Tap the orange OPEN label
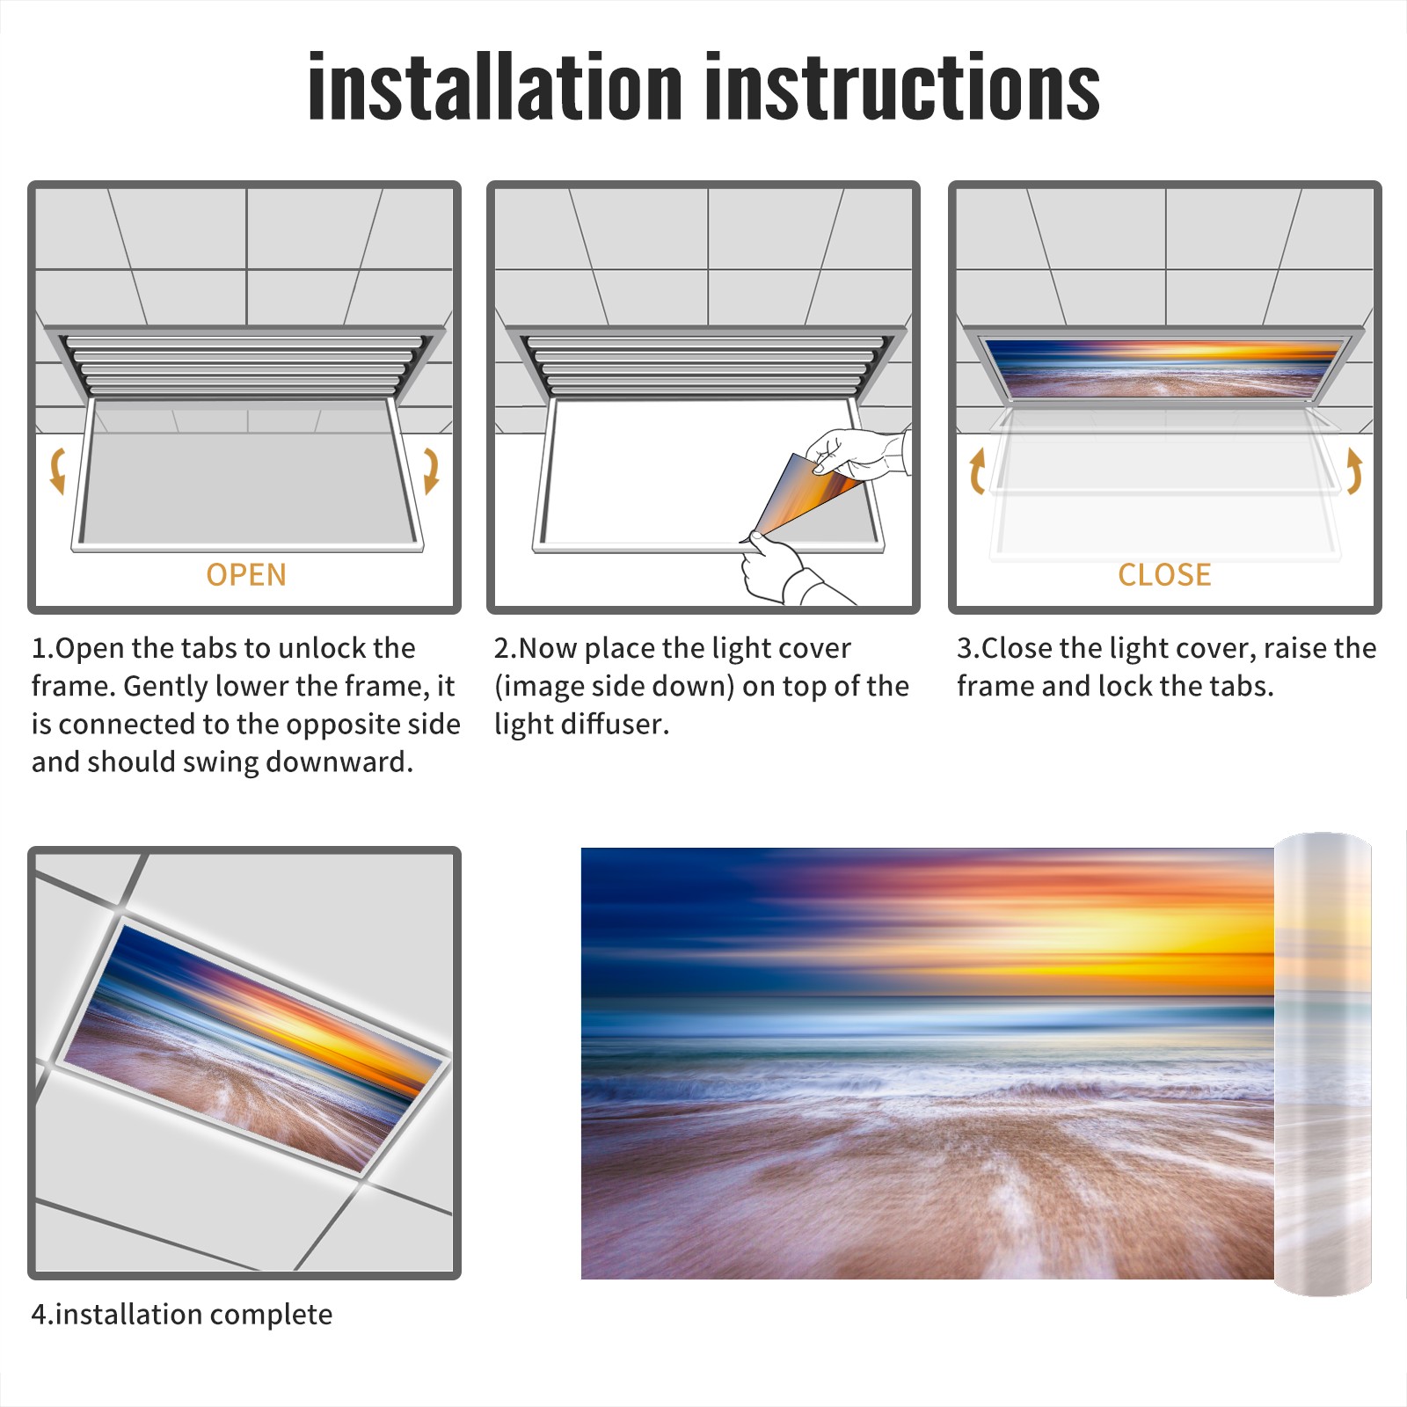click(246, 574)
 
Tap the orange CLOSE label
click(1164, 574)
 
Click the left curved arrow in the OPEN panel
click(57, 470)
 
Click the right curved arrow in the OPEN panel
click(431, 470)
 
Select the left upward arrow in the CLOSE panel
click(977, 471)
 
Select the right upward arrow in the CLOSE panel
click(1354, 471)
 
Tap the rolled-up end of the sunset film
click(1323, 1064)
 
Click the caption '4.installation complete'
click(182, 1314)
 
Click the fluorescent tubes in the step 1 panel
click(245, 364)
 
